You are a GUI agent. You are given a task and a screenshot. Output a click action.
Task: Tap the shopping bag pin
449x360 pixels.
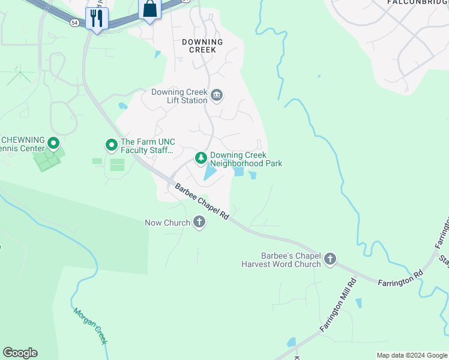(149, 10)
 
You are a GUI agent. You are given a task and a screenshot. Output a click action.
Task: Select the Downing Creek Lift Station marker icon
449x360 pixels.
(217, 95)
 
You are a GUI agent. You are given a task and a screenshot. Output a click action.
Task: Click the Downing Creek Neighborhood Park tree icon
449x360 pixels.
(201, 158)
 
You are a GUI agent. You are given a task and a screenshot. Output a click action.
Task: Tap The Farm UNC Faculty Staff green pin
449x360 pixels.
(111, 145)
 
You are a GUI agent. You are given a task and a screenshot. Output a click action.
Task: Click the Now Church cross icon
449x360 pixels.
(199, 223)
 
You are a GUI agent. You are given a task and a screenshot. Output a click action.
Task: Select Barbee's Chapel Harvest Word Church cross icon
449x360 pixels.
(330, 259)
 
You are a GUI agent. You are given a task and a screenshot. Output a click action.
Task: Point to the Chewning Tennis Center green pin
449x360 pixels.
(53, 143)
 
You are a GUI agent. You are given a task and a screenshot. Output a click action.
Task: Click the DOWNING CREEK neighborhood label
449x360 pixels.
(202, 46)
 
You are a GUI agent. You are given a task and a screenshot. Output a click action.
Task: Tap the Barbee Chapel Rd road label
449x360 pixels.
(202, 202)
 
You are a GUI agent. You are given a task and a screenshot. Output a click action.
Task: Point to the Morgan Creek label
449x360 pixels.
(90, 326)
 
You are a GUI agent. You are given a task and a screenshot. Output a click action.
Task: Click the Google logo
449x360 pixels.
(20, 352)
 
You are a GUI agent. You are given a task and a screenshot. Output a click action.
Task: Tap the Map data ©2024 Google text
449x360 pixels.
(411, 355)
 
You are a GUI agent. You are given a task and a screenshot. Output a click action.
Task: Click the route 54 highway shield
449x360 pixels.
(74, 22)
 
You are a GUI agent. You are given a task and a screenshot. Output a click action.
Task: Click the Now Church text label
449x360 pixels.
(167, 223)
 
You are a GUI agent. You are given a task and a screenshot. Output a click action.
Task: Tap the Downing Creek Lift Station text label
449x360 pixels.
(178, 96)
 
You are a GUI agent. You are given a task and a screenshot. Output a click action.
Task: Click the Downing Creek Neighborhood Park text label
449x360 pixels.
(246, 159)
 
